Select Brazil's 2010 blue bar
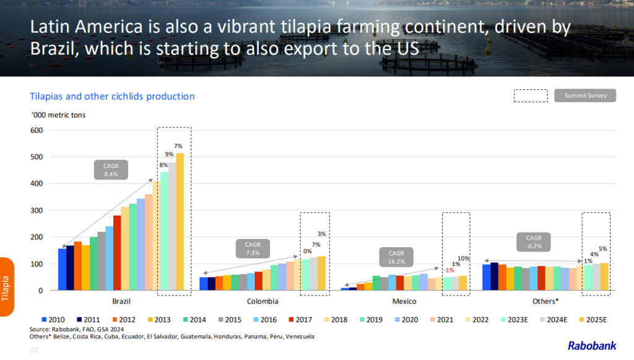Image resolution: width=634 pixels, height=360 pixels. point(62,270)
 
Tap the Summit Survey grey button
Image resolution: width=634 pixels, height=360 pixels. point(585,95)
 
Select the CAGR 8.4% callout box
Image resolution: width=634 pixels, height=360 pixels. point(111,170)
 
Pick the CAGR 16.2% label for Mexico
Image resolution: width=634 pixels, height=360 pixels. point(396,257)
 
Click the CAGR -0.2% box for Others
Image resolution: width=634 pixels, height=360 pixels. point(534,242)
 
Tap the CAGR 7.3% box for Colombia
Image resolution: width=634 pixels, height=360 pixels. point(253,248)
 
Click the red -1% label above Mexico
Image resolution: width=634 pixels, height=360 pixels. point(449,270)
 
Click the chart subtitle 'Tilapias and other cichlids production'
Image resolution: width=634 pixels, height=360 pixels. point(112,97)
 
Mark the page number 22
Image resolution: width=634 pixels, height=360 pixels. point(35,350)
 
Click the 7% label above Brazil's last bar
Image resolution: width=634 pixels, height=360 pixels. point(178,146)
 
